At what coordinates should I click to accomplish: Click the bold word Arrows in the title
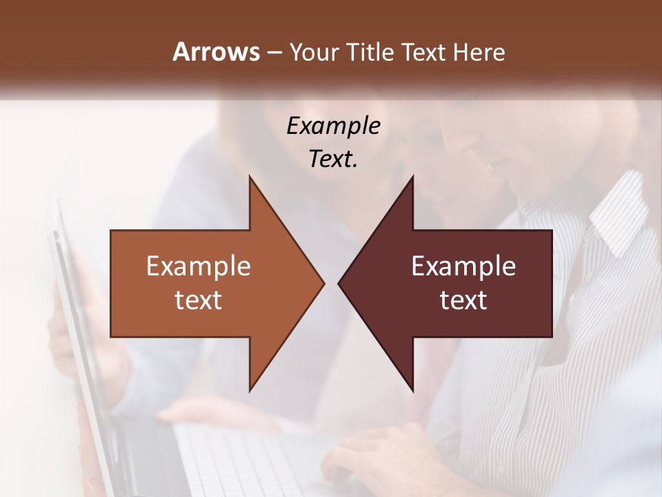pyautogui.click(x=216, y=52)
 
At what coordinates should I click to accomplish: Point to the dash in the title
pyautogui.click(x=274, y=52)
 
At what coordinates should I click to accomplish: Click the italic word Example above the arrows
pyautogui.click(x=333, y=126)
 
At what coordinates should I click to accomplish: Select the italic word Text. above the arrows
pyautogui.click(x=333, y=159)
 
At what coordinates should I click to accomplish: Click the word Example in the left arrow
pyautogui.click(x=199, y=266)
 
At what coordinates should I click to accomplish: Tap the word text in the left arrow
pyautogui.click(x=199, y=300)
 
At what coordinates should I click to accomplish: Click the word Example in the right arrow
pyautogui.click(x=463, y=266)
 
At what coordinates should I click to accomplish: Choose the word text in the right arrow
pyautogui.click(x=463, y=300)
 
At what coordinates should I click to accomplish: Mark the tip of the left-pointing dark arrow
pyautogui.click(x=339, y=283)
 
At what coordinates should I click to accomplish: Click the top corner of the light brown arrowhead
pyautogui.click(x=250, y=177)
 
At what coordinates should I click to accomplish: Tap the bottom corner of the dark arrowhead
pyautogui.click(x=412, y=390)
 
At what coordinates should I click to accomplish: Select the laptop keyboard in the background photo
pyautogui.click(x=248, y=462)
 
